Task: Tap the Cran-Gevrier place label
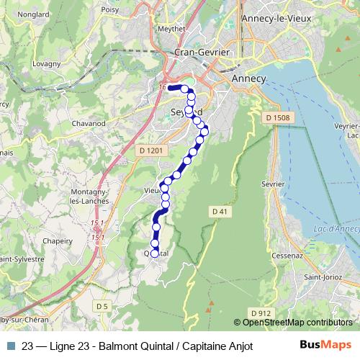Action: (202, 53)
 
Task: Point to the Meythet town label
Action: (171, 30)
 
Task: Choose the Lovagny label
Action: (47, 64)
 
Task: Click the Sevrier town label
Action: (274, 184)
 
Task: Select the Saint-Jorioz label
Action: (321, 276)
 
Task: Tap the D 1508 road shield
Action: (276, 118)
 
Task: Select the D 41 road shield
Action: (220, 210)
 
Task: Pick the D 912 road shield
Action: (262, 312)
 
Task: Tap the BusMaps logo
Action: (325, 345)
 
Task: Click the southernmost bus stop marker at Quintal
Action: (154, 253)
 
